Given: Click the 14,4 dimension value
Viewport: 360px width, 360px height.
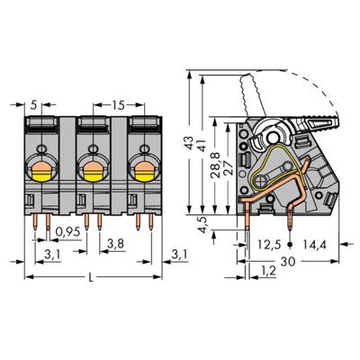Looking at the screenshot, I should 317,243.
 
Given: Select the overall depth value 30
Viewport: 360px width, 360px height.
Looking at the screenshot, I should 286,260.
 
